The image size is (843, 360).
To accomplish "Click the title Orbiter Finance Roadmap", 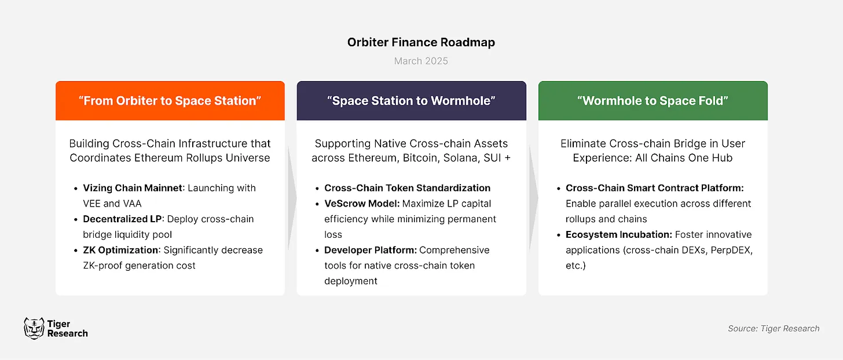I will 421,42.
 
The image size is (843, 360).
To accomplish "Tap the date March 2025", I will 421,61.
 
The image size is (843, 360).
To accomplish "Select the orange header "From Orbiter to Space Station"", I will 170,101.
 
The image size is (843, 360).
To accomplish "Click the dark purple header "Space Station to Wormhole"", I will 411,101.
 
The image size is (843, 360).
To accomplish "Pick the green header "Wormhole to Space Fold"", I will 653,101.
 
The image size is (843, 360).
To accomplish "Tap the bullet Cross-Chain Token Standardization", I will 407,188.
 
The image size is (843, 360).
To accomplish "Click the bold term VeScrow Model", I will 360,204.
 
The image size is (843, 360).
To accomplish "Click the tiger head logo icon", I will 34,328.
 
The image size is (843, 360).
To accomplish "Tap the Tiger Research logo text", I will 67,329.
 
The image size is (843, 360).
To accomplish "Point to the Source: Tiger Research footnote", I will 773,328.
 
